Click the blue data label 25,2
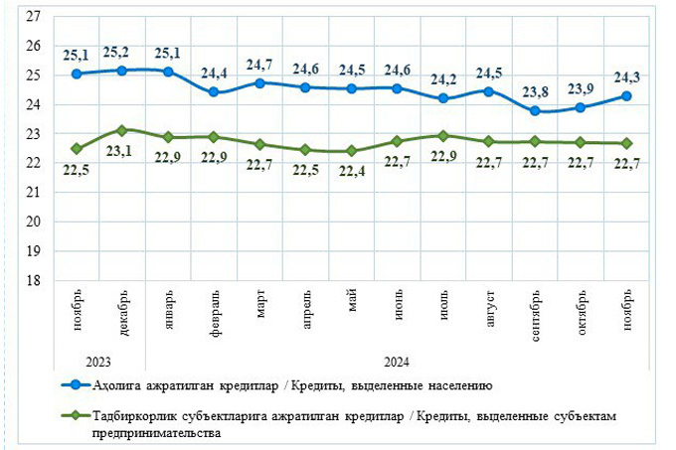click(x=121, y=52)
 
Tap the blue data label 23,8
click(x=535, y=87)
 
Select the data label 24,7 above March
click(x=259, y=65)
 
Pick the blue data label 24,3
click(x=627, y=75)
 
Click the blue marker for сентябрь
click(x=535, y=111)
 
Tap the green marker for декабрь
click(x=121, y=130)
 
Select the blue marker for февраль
click(x=214, y=92)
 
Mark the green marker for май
click(x=351, y=151)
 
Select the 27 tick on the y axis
click(x=33, y=17)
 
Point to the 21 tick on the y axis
click(x=33, y=193)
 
